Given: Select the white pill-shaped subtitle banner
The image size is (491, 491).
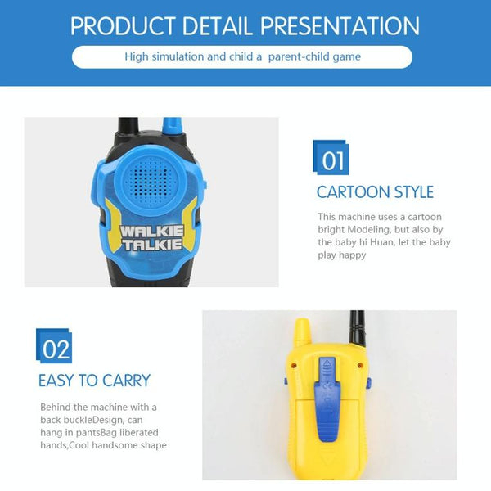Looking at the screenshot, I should [242, 57].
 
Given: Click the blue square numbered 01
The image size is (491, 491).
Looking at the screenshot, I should [331, 157].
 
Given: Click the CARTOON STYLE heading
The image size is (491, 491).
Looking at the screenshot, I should [375, 193].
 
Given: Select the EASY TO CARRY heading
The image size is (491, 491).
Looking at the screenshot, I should [94, 381].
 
